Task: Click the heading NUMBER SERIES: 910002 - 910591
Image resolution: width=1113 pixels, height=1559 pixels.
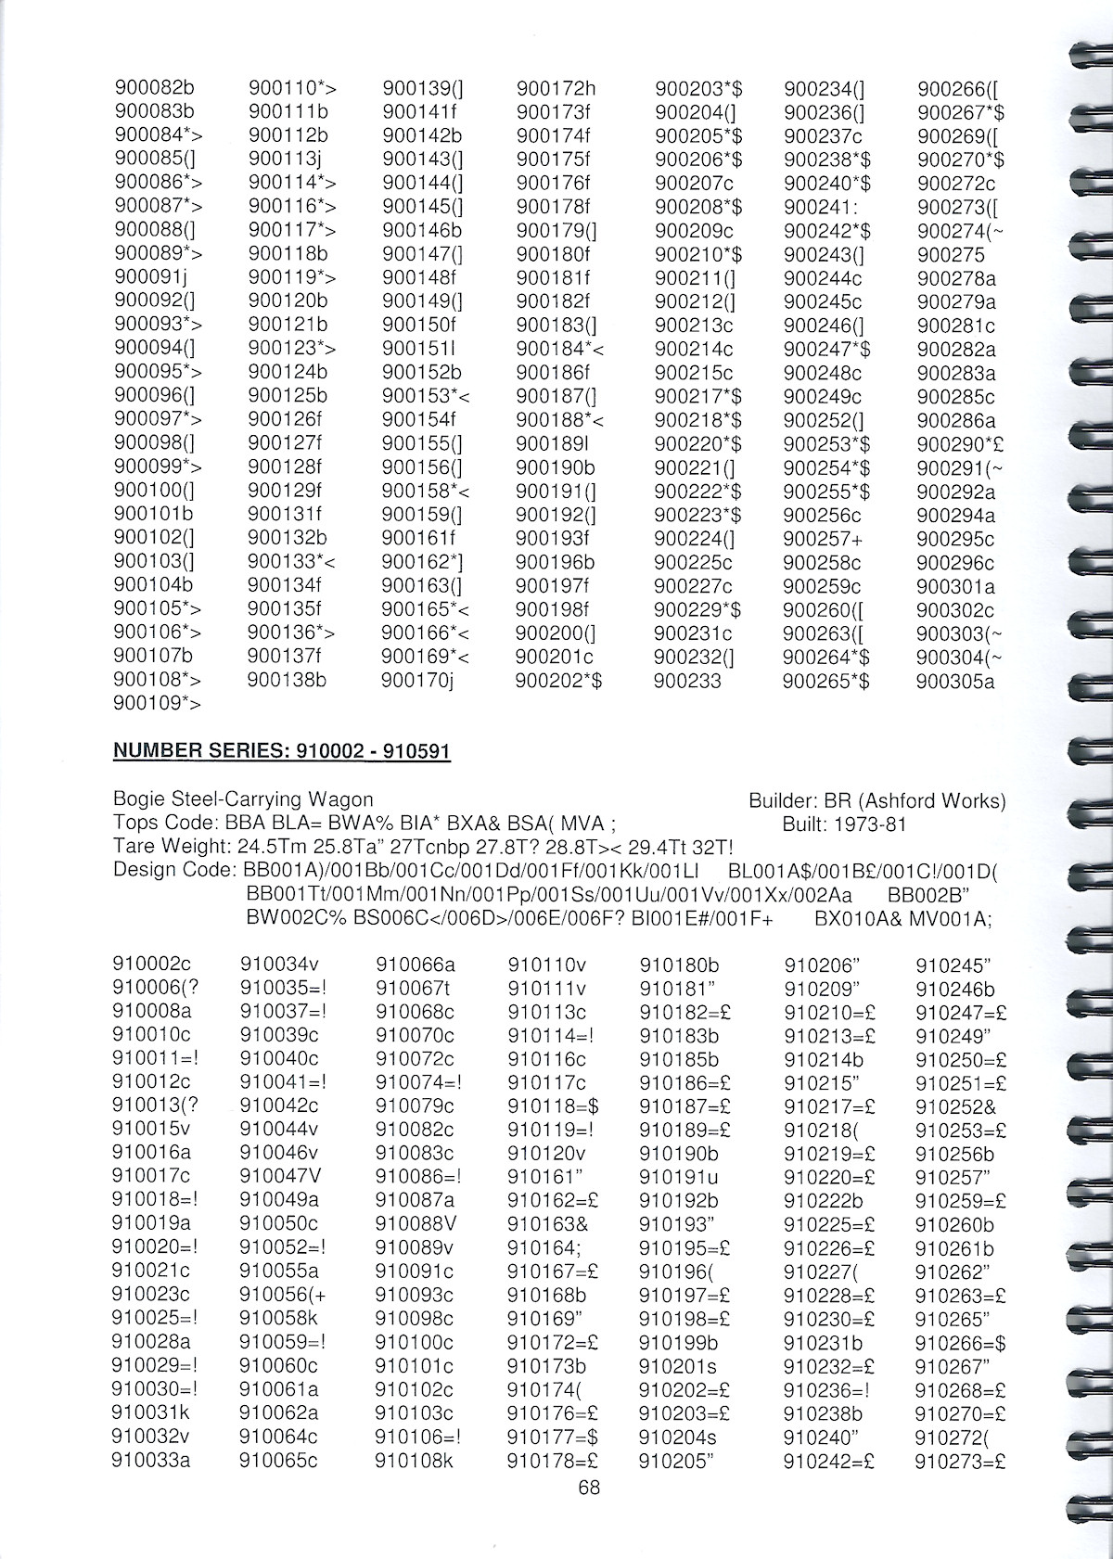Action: (281, 749)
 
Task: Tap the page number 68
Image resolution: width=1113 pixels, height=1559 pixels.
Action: (588, 1488)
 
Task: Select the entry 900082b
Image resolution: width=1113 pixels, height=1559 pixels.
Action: (154, 89)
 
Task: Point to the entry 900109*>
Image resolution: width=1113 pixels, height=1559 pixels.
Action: (157, 704)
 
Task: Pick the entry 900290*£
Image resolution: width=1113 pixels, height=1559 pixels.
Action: (960, 444)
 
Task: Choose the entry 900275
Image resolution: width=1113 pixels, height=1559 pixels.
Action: (951, 254)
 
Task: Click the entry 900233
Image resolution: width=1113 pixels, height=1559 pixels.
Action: (687, 681)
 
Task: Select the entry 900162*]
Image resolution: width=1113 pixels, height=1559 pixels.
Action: (422, 562)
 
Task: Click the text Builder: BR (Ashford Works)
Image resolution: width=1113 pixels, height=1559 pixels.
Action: (876, 799)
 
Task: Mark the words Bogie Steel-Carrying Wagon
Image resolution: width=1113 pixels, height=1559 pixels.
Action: (243, 799)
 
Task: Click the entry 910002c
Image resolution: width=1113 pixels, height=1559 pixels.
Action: (151, 964)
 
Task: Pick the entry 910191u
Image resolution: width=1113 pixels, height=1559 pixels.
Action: (679, 1177)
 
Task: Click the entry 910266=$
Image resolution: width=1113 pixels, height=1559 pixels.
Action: (961, 1343)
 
